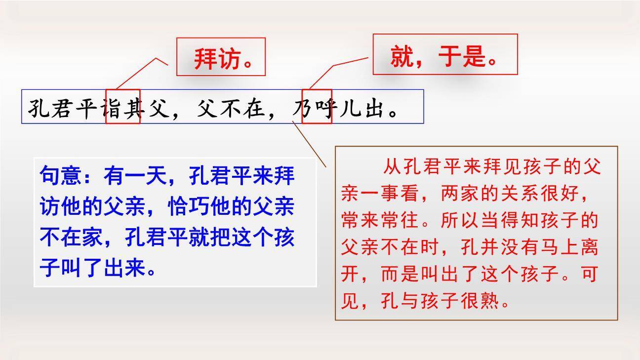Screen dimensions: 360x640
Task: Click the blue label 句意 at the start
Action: coord(55,176)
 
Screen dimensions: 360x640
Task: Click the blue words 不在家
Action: coord(72,238)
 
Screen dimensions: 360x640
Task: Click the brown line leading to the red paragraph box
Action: coord(309,143)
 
